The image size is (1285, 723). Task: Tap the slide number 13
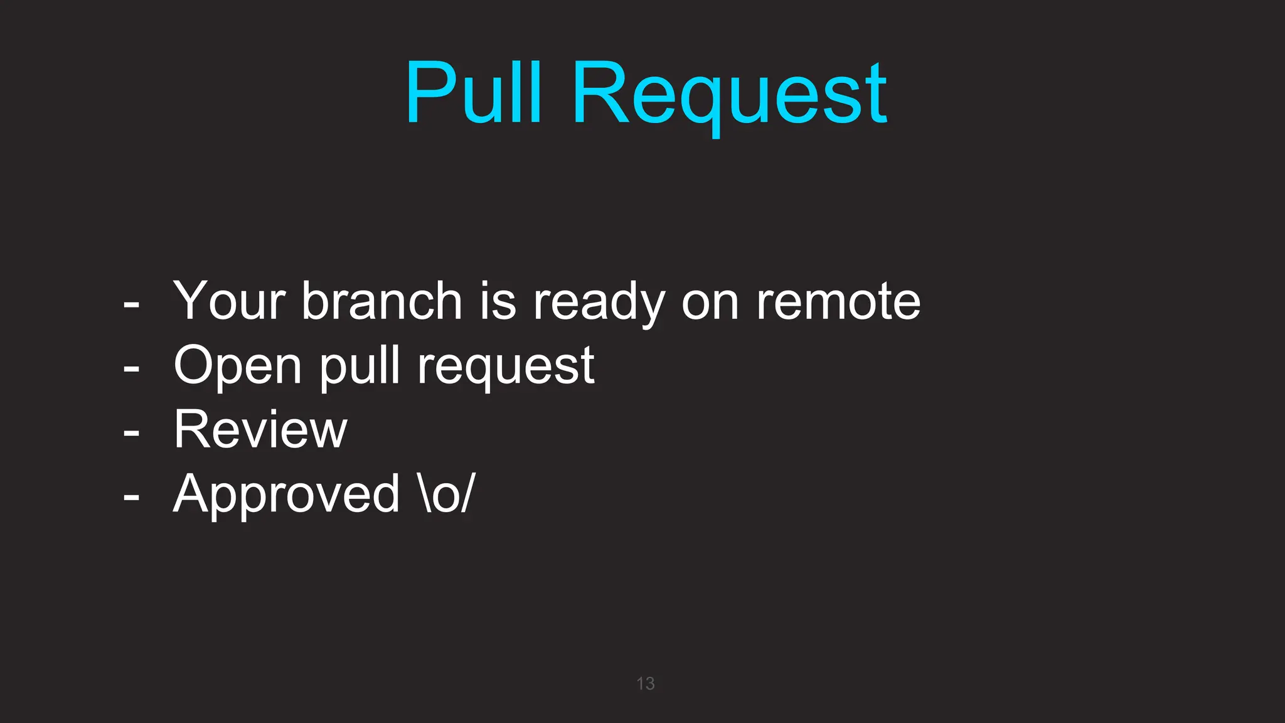click(645, 683)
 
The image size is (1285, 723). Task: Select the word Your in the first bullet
click(230, 301)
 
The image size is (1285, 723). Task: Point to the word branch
click(382, 301)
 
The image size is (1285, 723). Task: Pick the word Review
click(260, 429)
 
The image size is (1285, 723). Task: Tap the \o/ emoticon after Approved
click(446, 493)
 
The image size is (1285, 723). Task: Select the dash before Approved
click(131, 497)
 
